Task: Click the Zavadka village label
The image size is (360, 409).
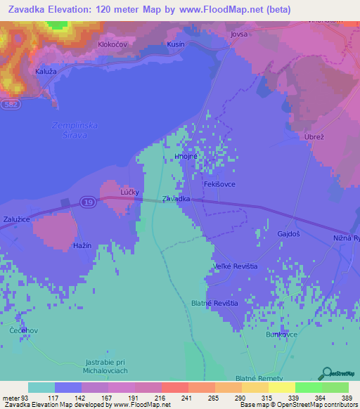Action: [176, 200]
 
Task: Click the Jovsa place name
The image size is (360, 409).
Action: [240, 33]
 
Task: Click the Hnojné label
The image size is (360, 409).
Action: [185, 157]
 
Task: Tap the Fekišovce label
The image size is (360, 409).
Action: [219, 183]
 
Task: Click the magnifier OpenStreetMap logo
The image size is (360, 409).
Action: [328, 373]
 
